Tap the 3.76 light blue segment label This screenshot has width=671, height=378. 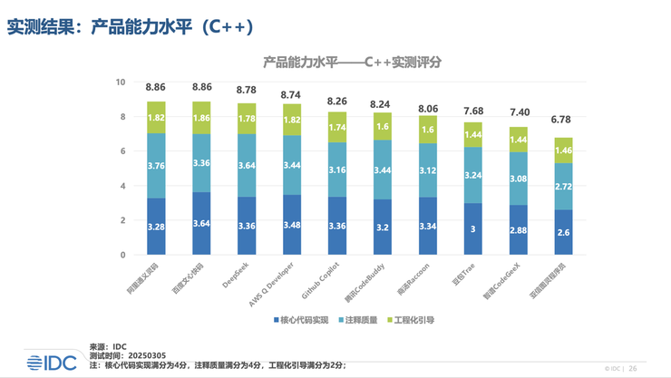tap(156, 165)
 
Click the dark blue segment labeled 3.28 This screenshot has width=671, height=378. tap(156, 227)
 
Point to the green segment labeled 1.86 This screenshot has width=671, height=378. tap(202, 118)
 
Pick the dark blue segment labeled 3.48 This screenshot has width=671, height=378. tap(292, 225)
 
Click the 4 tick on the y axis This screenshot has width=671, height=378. tap(122, 186)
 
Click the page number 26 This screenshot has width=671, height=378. tap(633, 369)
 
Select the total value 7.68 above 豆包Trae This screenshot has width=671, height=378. tap(472, 111)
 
